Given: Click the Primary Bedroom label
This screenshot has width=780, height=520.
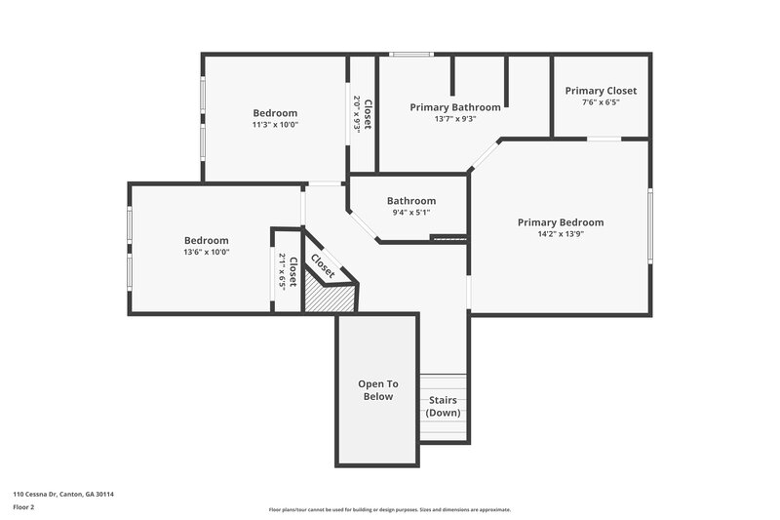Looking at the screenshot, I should [x=560, y=222].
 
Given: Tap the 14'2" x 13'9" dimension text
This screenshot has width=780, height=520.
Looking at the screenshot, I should [x=560, y=234].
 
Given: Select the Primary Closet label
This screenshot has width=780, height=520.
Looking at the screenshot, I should [x=601, y=91].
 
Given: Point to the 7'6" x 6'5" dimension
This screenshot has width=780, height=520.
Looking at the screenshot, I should [x=601, y=102].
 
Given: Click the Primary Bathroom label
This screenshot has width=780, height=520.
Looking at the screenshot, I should [x=455, y=107].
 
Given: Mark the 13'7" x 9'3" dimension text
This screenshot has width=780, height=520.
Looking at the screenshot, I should [x=455, y=119].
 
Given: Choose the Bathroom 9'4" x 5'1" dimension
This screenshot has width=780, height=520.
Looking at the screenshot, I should [x=410, y=213].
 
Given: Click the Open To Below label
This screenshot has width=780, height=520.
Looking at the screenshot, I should [x=378, y=390].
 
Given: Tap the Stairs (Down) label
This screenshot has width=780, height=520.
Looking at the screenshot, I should [x=444, y=407].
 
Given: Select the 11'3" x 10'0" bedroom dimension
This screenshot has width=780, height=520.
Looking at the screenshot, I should [x=275, y=125].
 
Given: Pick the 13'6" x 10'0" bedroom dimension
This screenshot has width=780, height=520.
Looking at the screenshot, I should [x=207, y=252].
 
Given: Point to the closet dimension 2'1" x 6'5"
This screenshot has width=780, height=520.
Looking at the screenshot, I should [x=283, y=271].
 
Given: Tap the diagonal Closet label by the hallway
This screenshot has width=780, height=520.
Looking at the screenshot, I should [x=323, y=265].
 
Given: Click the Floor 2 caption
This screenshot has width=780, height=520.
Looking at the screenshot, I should [x=23, y=507].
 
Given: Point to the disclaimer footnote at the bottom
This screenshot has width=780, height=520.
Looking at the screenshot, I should [x=389, y=509].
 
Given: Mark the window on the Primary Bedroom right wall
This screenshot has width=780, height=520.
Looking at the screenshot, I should [x=649, y=225].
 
